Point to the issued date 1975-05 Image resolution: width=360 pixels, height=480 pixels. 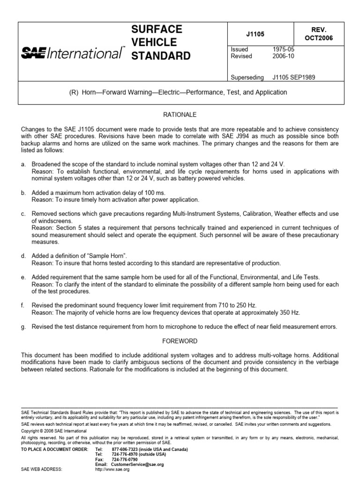pos(284,49)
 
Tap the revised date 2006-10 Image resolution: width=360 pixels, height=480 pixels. pos(284,56)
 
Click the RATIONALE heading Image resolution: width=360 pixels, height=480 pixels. pos(180,114)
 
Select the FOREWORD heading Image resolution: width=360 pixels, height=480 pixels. pos(180,341)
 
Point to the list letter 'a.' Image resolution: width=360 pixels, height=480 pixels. pos(24,164)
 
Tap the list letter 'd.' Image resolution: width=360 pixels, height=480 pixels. pos(24,256)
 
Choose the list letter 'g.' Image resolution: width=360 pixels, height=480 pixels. pos(24,327)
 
